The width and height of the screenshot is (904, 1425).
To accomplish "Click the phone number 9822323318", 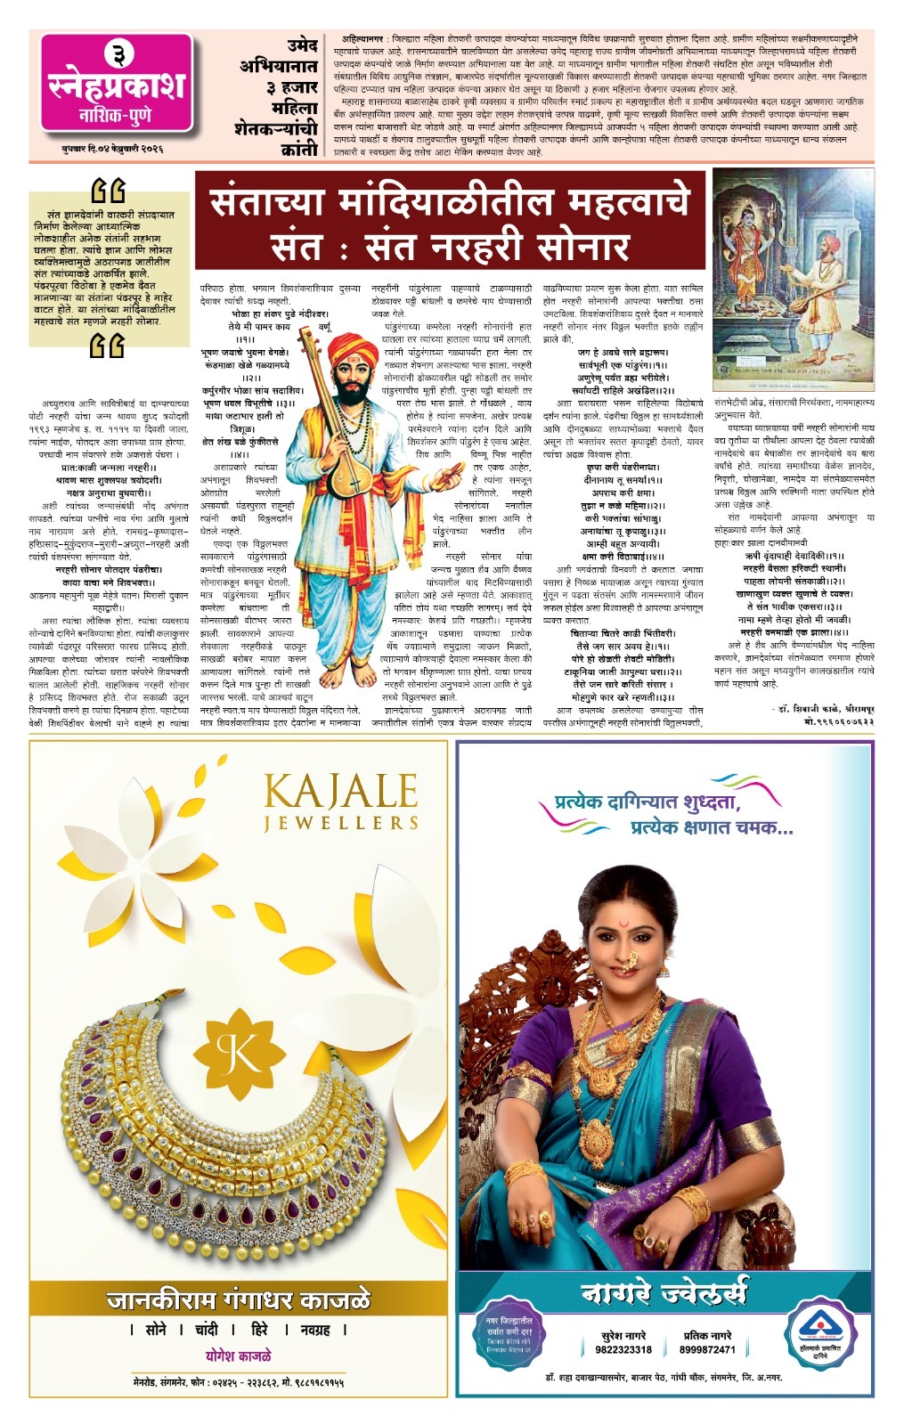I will tap(623, 1349).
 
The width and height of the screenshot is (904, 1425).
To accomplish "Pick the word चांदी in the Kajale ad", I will tap(206, 1330).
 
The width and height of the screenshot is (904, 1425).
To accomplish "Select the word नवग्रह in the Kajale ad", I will tap(315, 1330).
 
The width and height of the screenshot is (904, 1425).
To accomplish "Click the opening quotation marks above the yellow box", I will tap(109, 191).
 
